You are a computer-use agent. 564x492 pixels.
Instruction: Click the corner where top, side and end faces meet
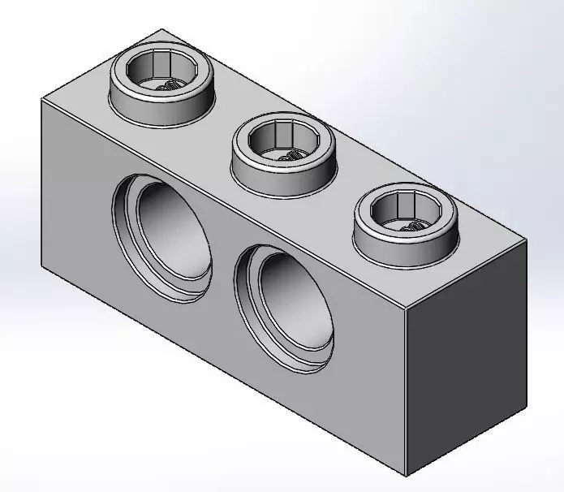coord(403,309)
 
